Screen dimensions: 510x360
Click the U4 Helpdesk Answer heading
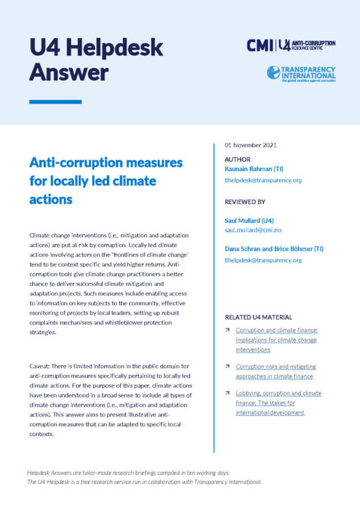[97, 59]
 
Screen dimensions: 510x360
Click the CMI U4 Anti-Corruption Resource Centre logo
[290, 45]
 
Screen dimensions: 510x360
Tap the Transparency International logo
[302, 73]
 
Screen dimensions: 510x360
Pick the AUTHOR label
[238, 160]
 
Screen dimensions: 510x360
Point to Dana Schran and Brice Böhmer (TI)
[276, 249]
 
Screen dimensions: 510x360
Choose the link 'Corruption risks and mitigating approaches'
[276, 371]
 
